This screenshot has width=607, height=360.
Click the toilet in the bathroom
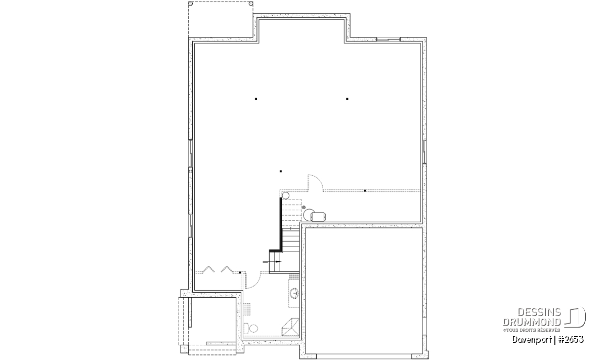click(x=251, y=328)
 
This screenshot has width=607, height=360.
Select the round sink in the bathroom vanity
click(x=294, y=293)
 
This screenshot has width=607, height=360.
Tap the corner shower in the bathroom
click(x=290, y=327)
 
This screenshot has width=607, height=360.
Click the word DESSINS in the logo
click(x=539, y=312)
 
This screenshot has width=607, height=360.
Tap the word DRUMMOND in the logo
click(x=532, y=322)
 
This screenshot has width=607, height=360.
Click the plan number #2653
click(x=571, y=340)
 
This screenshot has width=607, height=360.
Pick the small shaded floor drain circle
click(x=304, y=207)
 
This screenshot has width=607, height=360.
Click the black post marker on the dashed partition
click(x=365, y=191)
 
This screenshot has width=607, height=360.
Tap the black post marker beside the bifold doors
click(x=240, y=272)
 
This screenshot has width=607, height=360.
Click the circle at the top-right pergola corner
click(x=251, y=4)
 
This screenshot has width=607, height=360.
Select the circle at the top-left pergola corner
click(x=191, y=4)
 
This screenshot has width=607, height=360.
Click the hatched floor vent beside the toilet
click(x=247, y=309)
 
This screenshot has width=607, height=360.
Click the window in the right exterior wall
click(x=424, y=152)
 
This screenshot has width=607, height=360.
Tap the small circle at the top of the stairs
click(x=286, y=195)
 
